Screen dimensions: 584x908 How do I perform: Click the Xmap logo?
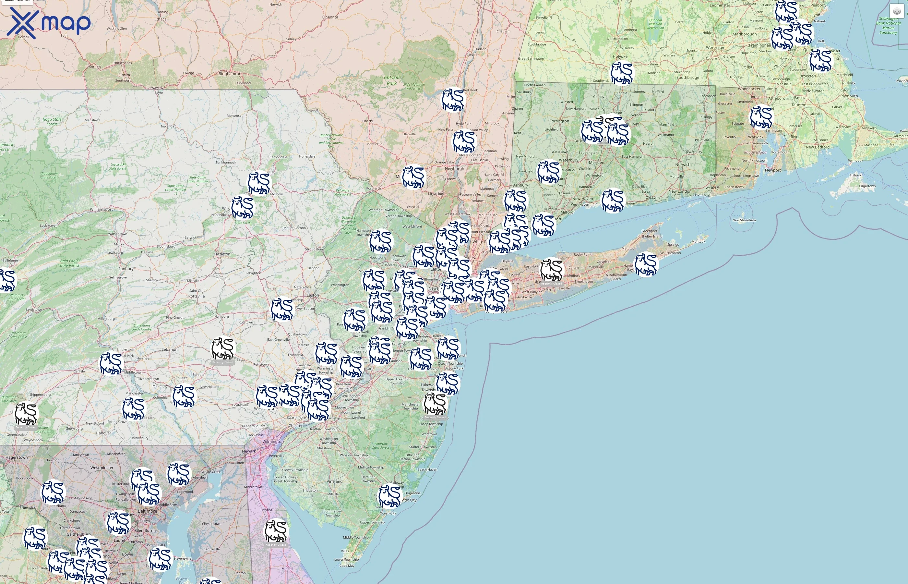[49, 23]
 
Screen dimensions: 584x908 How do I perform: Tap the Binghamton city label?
[230, 74]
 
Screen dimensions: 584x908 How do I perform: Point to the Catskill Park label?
[391, 80]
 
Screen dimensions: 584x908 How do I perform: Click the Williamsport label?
[101, 209]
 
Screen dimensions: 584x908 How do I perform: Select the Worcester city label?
[715, 48]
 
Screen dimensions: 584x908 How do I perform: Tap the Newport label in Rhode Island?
[773, 170]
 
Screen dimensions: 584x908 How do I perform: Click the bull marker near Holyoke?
[622, 73]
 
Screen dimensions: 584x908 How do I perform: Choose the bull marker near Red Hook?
[453, 100]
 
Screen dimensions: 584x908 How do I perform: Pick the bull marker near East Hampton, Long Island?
[646, 264]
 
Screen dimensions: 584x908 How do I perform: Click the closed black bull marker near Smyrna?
[276, 530]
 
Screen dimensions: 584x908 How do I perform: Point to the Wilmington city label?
[273, 442]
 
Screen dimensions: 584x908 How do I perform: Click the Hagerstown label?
[16, 457]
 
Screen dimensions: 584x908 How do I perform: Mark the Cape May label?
[347, 566]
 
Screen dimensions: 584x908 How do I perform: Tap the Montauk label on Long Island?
[699, 242]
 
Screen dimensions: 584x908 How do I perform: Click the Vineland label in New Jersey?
[335, 481]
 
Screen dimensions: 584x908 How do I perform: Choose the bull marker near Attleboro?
[761, 117]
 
